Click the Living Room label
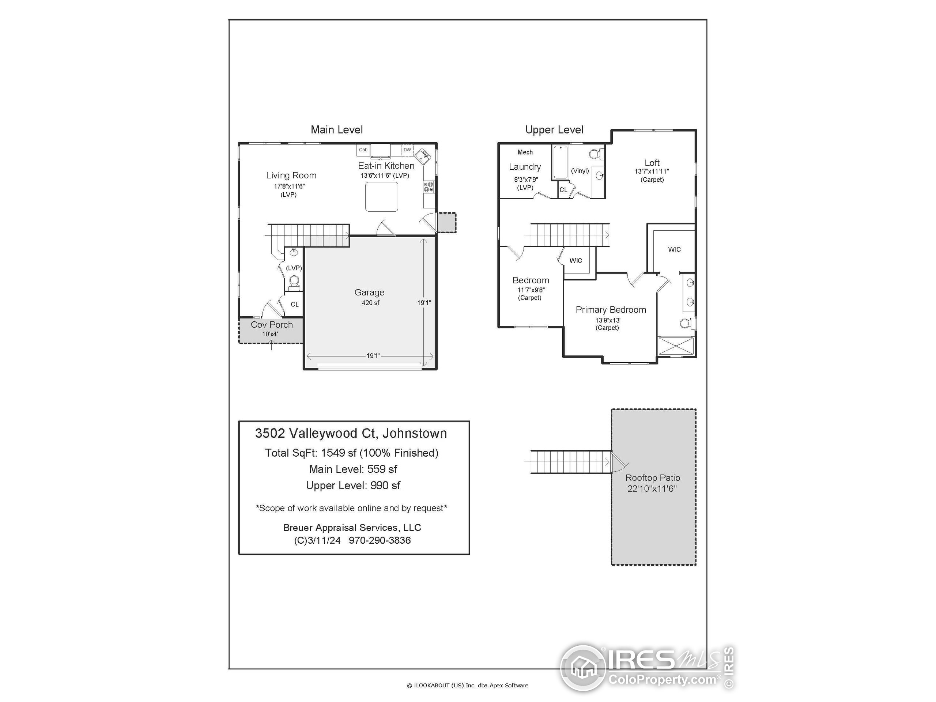pos(291,175)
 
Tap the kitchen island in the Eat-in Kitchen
pos(381,196)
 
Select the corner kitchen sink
pos(423,156)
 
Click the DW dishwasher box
pos(407,150)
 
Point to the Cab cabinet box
pos(363,150)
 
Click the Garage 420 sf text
pos(370,302)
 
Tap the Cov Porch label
pos(272,325)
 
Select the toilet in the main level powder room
pos(294,282)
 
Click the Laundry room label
pos(525,167)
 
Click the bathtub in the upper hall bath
pos(560,162)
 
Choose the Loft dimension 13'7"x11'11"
pos(652,171)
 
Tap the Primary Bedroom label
pos(611,310)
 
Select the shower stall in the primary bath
pos(676,346)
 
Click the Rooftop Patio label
pos(653,478)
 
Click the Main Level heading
pos(337,130)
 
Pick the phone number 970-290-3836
pos(380,540)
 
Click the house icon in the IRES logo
pos(584,669)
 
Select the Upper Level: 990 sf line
pos(353,485)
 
